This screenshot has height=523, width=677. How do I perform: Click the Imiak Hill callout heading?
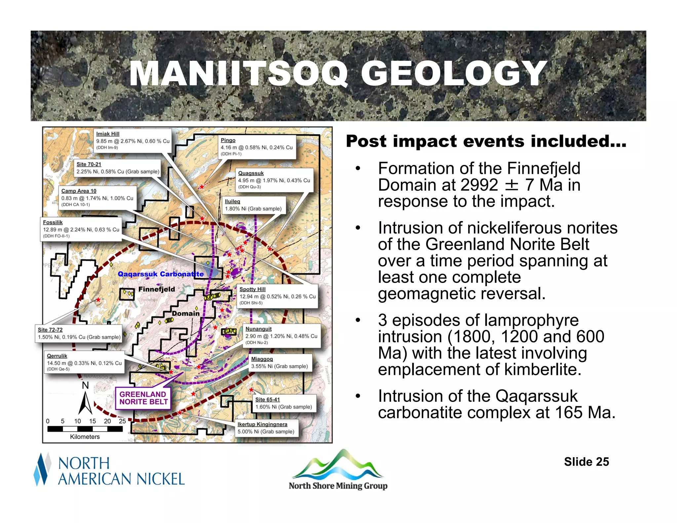(x=108, y=134)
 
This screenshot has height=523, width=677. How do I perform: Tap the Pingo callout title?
(x=228, y=140)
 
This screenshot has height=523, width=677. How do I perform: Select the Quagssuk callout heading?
(x=251, y=173)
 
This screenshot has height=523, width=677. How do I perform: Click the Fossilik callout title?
(x=53, y=222)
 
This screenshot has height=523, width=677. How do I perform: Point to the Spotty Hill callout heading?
(x=252, y=289)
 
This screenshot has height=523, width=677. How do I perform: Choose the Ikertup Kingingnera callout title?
(x=262, y=424)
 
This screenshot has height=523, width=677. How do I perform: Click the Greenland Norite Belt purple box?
(x=143, y=398)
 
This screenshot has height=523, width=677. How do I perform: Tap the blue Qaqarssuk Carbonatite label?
(x=161, y=274)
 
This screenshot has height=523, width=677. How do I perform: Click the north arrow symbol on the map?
(x=85, y=403)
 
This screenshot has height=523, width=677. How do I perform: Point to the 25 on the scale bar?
(x=122, y=421)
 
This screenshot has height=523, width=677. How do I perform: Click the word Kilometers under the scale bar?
(x=85, y=437)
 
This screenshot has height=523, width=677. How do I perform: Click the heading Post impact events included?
(x=486, y=141)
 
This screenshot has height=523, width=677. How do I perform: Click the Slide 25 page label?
(x=586, y=462)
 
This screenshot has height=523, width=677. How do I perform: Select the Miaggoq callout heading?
(x=262, y=359)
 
